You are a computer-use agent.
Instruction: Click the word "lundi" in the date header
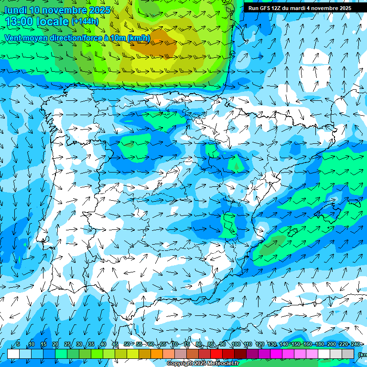pos(15,10)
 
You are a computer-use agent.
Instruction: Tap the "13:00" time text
pos(19,22)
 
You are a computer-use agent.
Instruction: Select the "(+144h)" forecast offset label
pos(85,22)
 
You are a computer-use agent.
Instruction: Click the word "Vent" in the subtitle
pos(13,38)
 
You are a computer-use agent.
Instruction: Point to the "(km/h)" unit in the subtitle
pos(139,38)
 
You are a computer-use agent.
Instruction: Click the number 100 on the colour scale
pos(236,345)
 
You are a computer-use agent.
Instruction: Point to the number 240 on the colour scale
pos(355,345)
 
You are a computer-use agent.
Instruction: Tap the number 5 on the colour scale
pos(18,345)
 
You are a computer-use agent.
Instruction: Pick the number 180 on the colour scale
pos(319,345)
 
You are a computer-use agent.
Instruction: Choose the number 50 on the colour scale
pos(127,345)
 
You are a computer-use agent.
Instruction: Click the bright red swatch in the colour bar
pos(216,354)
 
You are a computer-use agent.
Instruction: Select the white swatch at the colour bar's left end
pos(13,354)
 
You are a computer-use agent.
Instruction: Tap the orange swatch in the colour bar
pos(157,354)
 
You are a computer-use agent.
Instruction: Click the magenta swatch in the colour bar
pos(276,354)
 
